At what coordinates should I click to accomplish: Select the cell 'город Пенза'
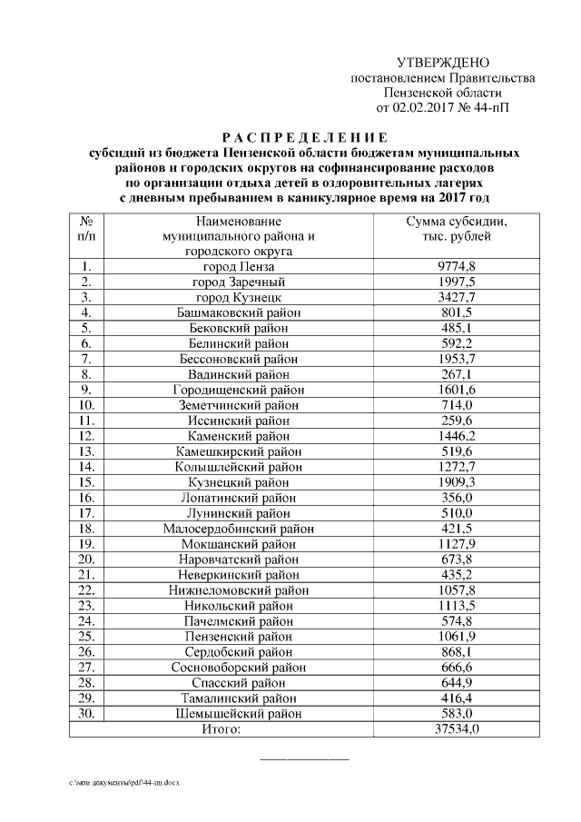pos(240,267)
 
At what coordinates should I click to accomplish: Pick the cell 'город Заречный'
pos(240,282)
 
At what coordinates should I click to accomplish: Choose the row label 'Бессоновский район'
pos(240,360)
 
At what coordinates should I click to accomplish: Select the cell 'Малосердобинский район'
pos(240,529)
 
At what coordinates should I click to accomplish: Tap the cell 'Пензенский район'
pos(240,637)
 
